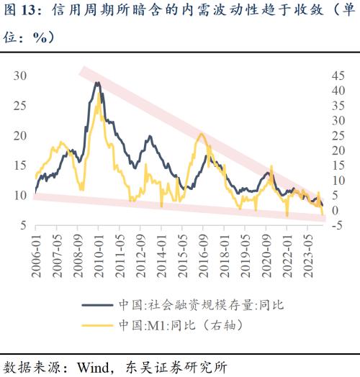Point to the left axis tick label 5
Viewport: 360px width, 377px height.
(x=23, y=225)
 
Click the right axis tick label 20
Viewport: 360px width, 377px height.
(x=337, y=150)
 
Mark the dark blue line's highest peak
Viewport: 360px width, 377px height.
(x=96, y=83)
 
